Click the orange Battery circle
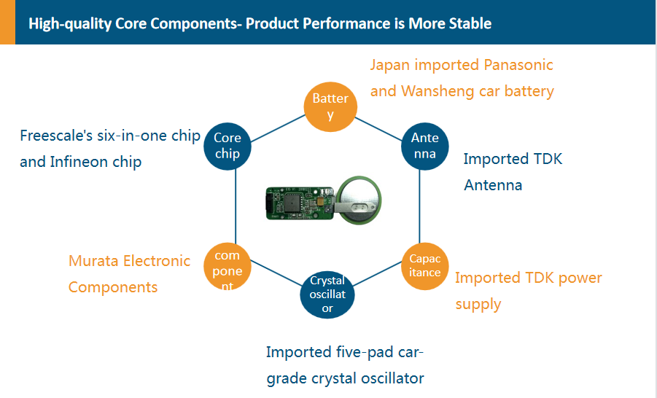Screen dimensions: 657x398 pyautogui.click(x=330, y=107)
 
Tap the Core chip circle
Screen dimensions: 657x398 pyautogui.click(x=228, y=147)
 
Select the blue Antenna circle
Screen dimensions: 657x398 pyautogui.click(x=425, y=147)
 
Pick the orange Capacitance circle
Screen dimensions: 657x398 pyautogui.click(x=425, y=266)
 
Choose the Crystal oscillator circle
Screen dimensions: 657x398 pyautogui.click(x=327, y=294)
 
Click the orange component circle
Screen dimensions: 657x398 pyautogui.click(x=228, y=267)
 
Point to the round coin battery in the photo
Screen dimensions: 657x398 pyautogui.click(x=359, y=200)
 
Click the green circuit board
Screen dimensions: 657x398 pyautogui.click(x=300, y=203)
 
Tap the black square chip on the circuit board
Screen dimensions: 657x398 pyautogui.click(x=292, y=203)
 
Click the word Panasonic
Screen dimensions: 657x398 pyautogui.click(x=518, y=65)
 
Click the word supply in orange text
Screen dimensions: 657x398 pyautogui.click(x=478, y=305)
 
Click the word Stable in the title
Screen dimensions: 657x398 pyautogui.click(x=470, y=23)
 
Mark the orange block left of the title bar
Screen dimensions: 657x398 pyautogui.click(x=7, y=22)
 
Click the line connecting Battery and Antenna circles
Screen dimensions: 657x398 pyautogui.click(x=378, y=130)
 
